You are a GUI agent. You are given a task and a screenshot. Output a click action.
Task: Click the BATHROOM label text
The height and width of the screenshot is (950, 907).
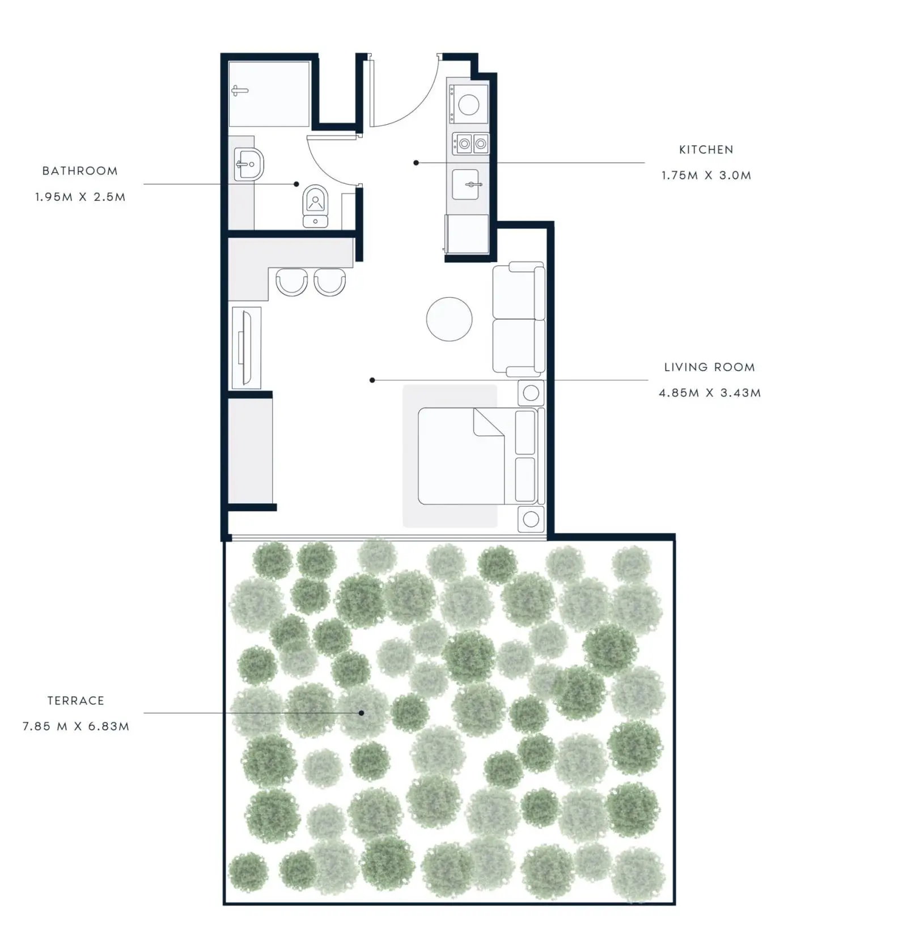coord(80,171)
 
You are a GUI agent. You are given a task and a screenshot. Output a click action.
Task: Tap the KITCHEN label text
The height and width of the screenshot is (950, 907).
coord(706,150)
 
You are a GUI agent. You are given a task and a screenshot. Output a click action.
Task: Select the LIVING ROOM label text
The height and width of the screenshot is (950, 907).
coord(710,367)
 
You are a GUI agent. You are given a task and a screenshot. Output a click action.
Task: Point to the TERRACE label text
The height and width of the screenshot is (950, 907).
coord(76,701)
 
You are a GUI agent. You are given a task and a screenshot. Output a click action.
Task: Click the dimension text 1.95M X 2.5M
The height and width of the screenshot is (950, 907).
coord(80,197)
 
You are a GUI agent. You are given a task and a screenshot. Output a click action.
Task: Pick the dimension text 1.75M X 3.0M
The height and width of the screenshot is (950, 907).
coord(706,175)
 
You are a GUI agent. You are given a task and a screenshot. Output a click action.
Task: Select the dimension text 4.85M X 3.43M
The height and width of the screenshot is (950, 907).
coord(710,392)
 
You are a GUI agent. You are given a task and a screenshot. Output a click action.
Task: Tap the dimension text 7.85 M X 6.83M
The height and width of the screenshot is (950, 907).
coord(76,726)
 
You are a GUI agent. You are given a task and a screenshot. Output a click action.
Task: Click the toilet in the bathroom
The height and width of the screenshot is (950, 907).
coord(315,205)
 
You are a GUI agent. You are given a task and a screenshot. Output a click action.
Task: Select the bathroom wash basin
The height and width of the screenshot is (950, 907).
coord(249,164)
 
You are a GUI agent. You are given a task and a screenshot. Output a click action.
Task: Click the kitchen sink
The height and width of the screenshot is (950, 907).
coord(466,184)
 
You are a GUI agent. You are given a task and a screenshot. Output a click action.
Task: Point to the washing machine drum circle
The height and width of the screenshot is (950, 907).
coord(469,105)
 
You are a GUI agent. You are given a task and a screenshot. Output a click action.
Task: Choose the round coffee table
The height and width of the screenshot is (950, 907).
coord(449,319)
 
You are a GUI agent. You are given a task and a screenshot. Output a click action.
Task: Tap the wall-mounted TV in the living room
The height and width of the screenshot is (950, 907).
coord(245,347)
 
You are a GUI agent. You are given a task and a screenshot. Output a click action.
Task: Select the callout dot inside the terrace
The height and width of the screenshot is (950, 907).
coord(361,713)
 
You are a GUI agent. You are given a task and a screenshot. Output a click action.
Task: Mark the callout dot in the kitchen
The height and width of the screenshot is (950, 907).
coord(416,163)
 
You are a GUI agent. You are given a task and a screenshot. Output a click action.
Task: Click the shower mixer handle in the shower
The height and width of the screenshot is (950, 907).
coord(240,91)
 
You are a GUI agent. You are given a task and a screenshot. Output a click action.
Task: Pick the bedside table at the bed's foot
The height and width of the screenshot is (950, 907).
coord(531,519)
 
